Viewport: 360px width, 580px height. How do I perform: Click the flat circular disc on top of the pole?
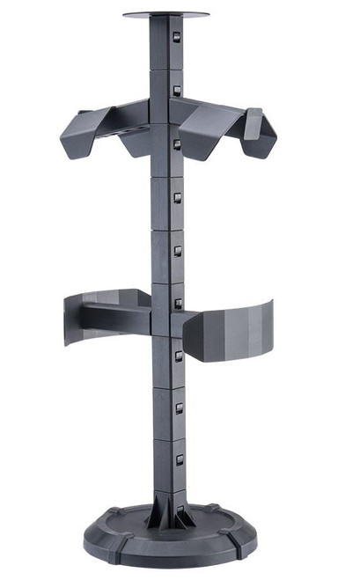coord(166,15)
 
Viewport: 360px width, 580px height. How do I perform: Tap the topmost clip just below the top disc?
coord(177,39)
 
